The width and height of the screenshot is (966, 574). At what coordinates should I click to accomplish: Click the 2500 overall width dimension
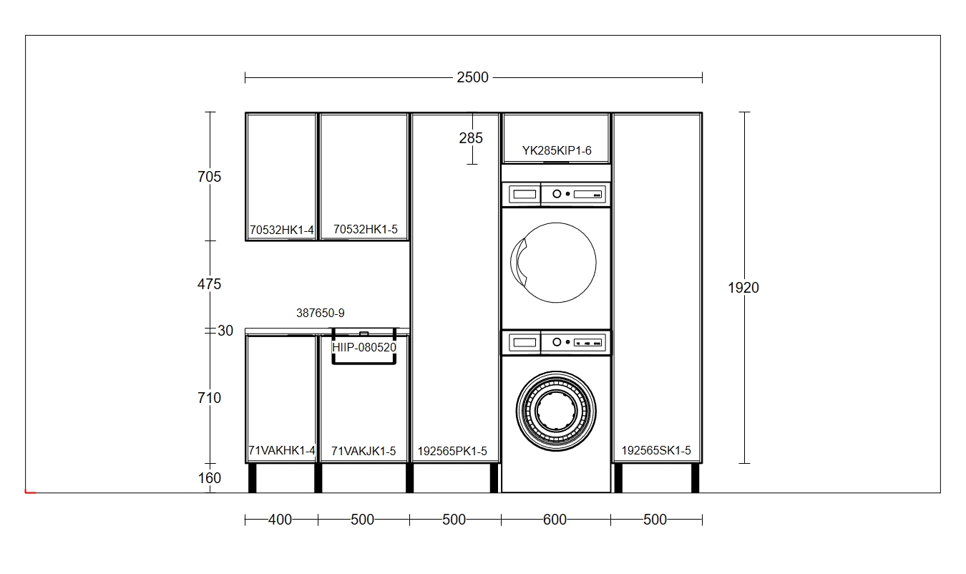pyautogui.click(x=473, y=77)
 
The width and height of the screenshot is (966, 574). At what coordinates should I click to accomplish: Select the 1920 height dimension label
pyautogui.click(x=743, y=288)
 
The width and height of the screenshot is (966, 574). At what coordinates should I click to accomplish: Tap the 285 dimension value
pyautogui.click(x=471, y=138)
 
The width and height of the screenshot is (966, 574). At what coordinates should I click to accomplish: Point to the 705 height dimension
pyautogui.click(x=209, y=177)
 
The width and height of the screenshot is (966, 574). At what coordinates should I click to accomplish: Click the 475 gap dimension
pyautogui.click(x=209, y=284)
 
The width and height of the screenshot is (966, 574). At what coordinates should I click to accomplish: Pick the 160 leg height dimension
pyautogui.click(x=210, y=478)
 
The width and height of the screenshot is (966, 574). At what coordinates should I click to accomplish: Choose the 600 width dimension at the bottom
pyautogui.click(x=555, y=520)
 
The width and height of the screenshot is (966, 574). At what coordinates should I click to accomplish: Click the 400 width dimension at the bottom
pyautogui.click(x=280, y=520)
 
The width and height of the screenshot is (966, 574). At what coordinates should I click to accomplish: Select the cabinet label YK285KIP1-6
pyautogui.click(x=557, y=150)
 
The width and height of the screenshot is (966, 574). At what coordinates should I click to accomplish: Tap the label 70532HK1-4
pyautogui.click(x=282, y=230)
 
